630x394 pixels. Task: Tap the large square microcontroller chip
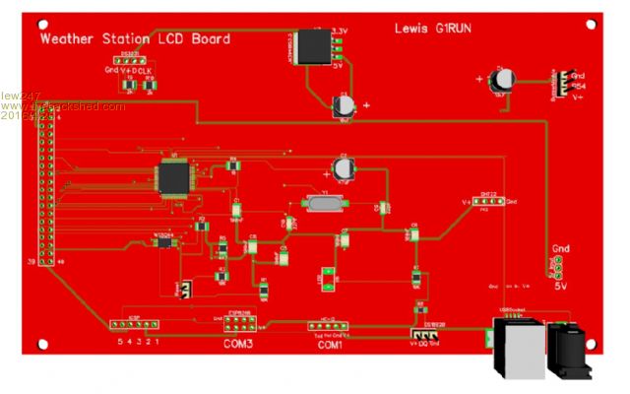(x=175, y=175)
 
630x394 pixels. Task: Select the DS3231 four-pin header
(x=131, y=61)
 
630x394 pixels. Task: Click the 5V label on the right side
(x=561, y=286)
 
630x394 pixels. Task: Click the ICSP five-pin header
(x=137, y=326)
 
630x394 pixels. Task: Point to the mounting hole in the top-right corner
(x=595, y=19)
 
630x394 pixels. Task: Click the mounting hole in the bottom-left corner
(x=42, y=344)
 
